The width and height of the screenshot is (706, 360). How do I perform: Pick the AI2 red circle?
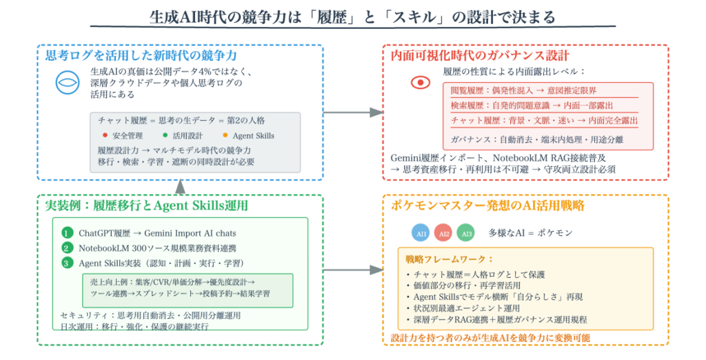(443, 233)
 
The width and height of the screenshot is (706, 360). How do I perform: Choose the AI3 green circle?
(465, 233)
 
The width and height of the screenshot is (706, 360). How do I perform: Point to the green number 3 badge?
(67, 262)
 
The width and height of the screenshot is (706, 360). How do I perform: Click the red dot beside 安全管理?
(103, 135)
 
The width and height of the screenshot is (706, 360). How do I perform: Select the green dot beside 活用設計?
(165, 135)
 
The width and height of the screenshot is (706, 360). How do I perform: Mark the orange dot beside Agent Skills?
(225, 135)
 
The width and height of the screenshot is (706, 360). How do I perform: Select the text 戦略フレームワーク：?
(441, 259)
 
